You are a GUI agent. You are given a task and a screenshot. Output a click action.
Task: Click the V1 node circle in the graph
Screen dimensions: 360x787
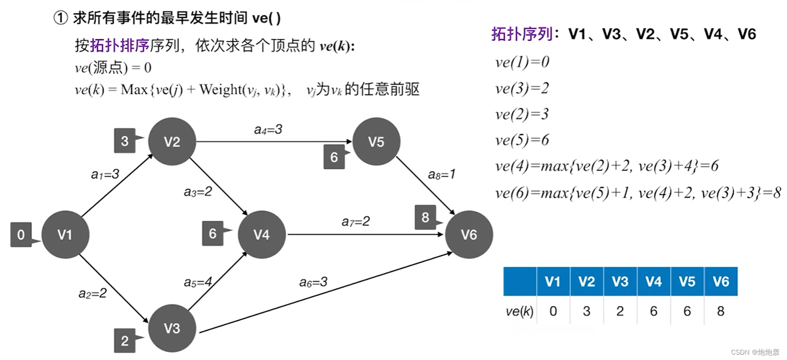point(65,235)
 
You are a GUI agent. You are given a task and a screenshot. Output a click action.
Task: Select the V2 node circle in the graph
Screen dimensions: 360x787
point(172,141)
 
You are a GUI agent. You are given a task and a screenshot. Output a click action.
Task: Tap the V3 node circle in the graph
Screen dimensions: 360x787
point(172,328)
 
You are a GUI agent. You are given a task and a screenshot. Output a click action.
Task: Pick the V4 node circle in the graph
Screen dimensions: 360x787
point(261,235)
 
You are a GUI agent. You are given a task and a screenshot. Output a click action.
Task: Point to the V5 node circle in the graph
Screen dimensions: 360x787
point(376,141)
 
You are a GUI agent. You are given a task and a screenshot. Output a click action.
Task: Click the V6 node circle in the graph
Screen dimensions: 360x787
point(469,235)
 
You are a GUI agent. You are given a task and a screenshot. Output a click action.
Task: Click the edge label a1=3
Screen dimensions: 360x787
point(105,174)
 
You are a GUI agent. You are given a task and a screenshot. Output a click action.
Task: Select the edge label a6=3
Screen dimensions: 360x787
point(313,282)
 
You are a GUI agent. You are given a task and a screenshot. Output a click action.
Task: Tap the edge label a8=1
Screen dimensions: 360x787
point(442,174)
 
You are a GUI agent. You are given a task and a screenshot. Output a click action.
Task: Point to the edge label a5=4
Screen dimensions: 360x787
point(198,282)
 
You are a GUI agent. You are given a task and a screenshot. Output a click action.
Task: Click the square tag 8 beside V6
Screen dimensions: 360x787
point(426,217)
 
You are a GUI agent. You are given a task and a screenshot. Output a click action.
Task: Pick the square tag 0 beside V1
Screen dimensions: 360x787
point(21,235)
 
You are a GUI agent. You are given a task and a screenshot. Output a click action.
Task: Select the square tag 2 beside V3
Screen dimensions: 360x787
point(125,341)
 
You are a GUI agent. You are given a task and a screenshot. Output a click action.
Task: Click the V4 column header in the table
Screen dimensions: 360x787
point(653,281)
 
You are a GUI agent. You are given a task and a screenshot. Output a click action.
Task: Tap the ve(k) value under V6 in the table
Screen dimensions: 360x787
point(720,311)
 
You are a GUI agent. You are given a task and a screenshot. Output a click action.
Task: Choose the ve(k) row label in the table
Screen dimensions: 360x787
point(519,311)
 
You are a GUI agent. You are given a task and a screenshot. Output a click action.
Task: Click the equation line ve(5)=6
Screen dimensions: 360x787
point(522,140)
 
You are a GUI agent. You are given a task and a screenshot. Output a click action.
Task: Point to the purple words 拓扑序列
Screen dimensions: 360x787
point(522,34)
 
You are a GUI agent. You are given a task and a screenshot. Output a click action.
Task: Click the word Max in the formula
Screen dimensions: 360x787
point(134,90)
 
